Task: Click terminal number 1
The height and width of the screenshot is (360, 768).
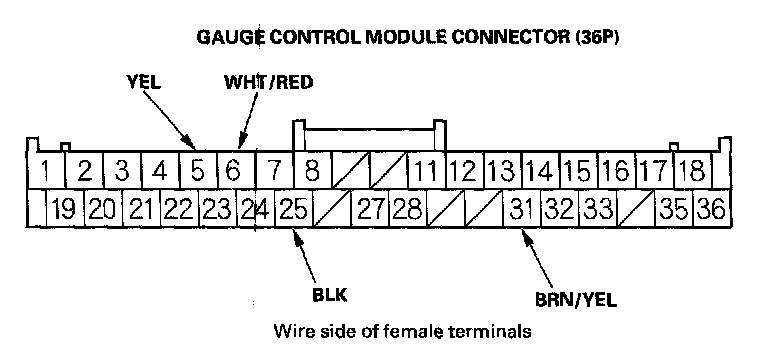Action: [47, 170]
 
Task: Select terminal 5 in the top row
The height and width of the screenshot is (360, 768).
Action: [198, 170]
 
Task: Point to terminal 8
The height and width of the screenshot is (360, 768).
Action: [312, 170]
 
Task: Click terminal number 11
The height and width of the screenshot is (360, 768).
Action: [427, 170]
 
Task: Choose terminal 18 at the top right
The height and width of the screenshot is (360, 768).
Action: [694, 170]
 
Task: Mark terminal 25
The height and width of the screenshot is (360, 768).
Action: [294, 208]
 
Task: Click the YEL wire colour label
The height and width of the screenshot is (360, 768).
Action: [143, 82]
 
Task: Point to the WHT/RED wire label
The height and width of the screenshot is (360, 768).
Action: [268, 82]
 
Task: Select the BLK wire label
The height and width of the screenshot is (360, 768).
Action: [329, 295]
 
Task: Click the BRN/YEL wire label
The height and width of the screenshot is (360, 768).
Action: [576, 299]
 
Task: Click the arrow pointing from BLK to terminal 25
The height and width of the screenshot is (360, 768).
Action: [305, 255]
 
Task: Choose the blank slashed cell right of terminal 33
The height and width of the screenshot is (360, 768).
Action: [637, 208]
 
